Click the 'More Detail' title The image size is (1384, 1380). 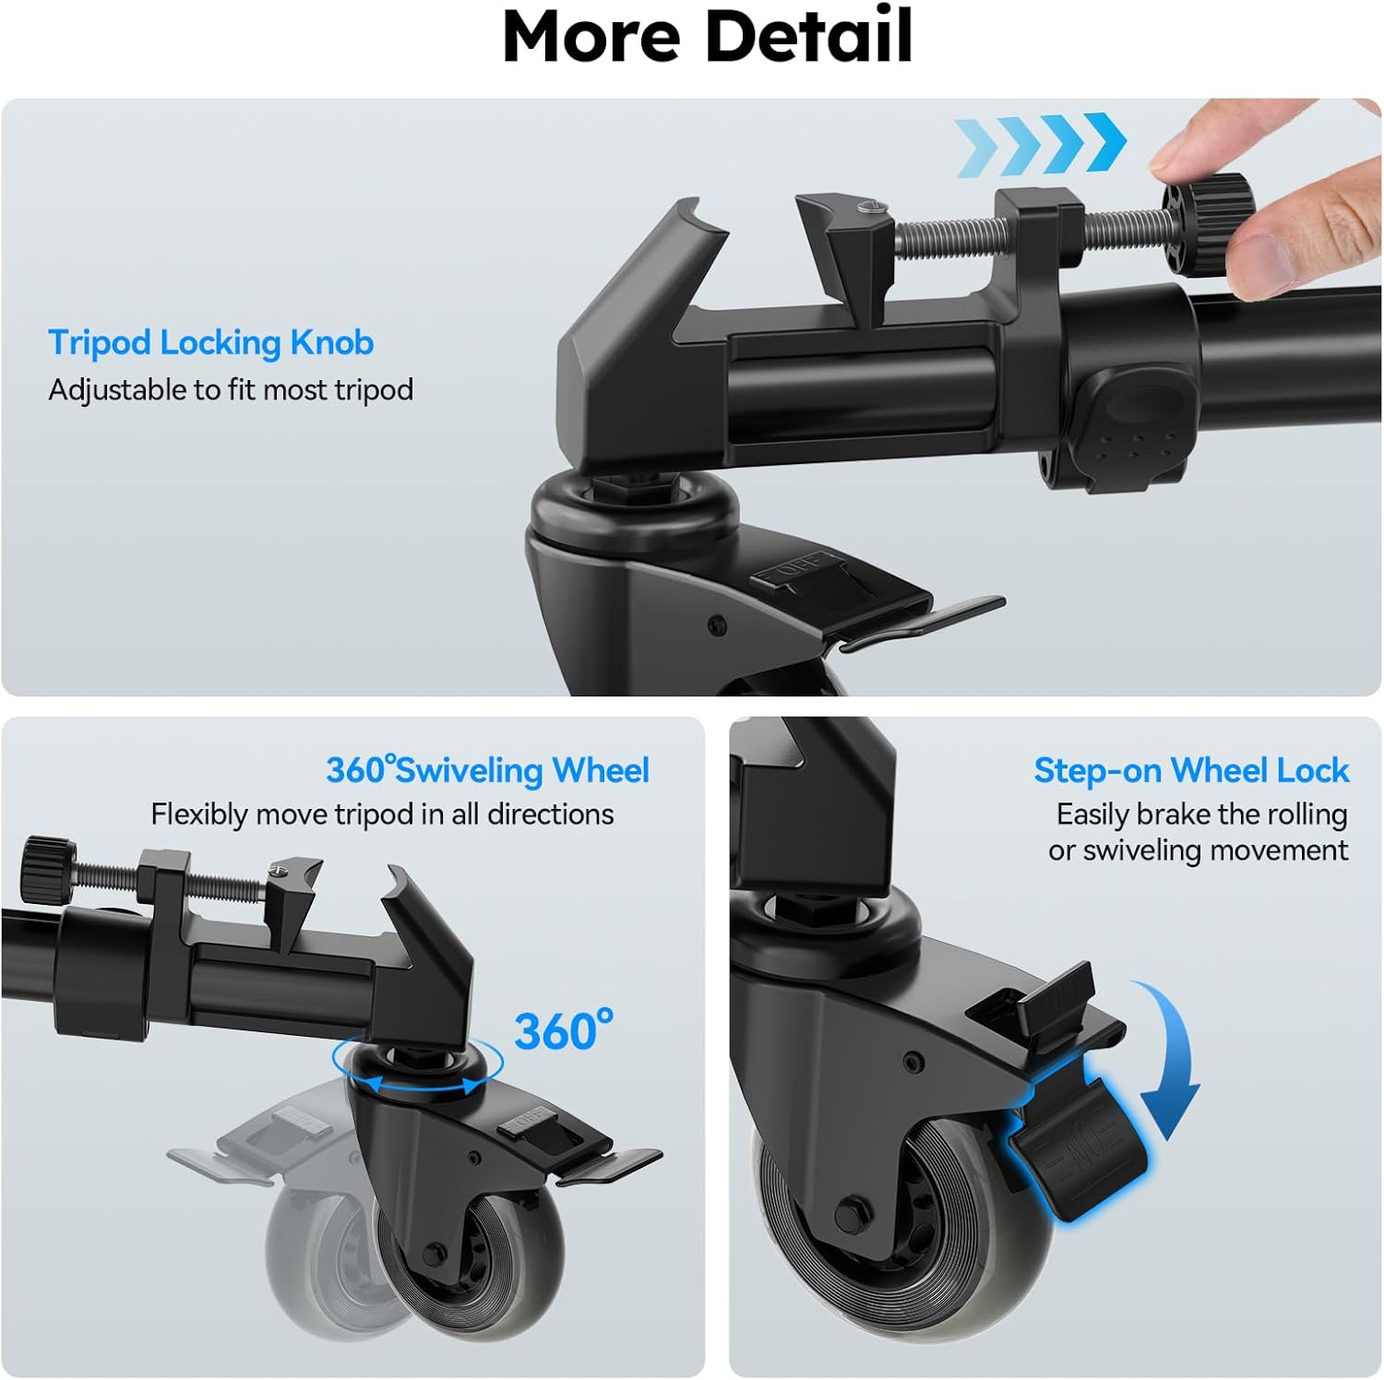click(x=708, y=35)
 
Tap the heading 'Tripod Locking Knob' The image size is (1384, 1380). click(x=211, y=342)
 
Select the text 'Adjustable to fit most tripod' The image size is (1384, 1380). click(x=231, y=389)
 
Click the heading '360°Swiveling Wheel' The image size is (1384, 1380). click(x=487, y=769)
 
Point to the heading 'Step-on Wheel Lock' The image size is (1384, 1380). click(x=1190, y=769)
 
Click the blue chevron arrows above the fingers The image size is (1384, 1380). click(x=1041, y=144)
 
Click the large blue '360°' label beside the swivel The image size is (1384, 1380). click(x=563, y=1030)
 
